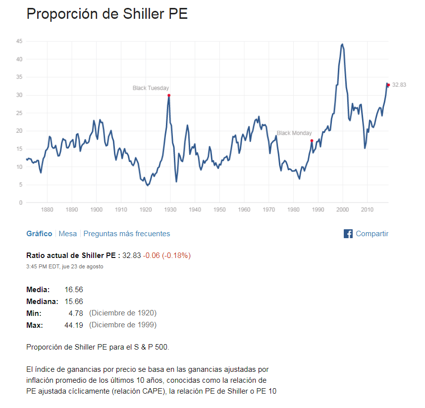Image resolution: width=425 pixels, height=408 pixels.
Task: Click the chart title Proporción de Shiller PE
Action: tap(107, 14)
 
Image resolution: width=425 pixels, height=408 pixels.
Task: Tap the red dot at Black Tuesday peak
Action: tap(169, 95)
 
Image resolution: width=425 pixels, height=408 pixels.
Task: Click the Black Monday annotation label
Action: tap(294, 133)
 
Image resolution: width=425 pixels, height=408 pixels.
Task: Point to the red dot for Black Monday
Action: tap(312, 141)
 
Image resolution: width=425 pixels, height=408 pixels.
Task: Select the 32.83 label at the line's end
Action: tap(399, 85)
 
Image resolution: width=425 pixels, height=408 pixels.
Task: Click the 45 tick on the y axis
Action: tap(19, 41)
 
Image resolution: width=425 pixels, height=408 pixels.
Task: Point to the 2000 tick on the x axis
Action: tap(343, 209)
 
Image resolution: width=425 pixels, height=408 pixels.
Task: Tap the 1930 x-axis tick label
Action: tap(170, 209)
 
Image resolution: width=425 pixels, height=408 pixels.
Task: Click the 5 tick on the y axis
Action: tap(20, 185)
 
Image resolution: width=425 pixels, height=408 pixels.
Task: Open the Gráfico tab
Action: tap(39, 234)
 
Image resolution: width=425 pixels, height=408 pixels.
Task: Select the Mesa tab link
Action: tap(68, 234)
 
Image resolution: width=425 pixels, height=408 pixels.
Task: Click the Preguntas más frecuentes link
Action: tap(126, 234)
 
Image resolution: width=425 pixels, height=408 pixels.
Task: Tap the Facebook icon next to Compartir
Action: tap(348, 234)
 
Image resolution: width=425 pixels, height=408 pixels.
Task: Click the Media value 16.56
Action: tap(74, 289)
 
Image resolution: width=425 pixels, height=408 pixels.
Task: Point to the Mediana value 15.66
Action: tap(74, 301)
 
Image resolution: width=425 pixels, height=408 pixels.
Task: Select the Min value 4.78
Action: tap(76, 313)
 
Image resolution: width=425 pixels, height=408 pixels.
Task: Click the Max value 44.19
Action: tap(74, 325)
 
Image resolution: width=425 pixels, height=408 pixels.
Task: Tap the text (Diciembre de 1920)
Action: tap(123, 313)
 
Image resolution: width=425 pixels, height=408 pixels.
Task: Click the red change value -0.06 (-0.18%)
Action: tap(167, 255)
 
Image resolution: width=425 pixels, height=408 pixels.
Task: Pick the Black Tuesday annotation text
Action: tap(151, 88)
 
